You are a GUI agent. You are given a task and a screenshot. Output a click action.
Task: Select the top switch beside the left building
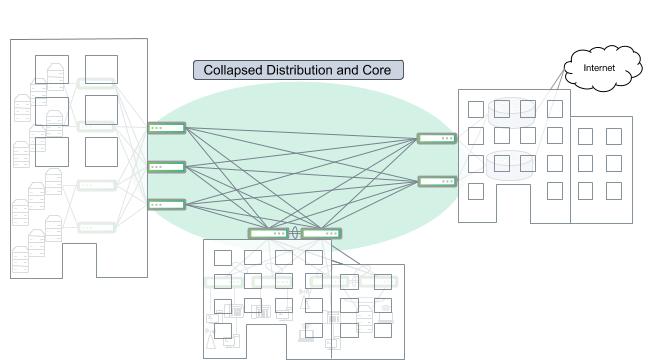167,127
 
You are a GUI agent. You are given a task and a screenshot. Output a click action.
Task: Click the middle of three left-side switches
167,166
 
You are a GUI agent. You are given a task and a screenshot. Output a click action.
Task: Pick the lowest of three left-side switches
167,204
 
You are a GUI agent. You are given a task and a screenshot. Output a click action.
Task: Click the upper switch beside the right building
437,138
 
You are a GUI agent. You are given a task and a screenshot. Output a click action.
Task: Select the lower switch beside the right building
437,181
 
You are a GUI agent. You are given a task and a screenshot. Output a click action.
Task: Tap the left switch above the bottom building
269,233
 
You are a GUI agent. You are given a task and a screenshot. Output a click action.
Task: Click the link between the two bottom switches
295,233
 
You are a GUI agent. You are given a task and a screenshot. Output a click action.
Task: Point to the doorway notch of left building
79,262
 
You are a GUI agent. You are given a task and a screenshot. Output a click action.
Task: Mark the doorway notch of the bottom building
268,346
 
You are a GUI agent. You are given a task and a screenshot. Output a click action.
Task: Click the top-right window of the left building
101,69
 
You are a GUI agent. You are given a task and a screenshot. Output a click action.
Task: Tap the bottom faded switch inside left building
97,227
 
